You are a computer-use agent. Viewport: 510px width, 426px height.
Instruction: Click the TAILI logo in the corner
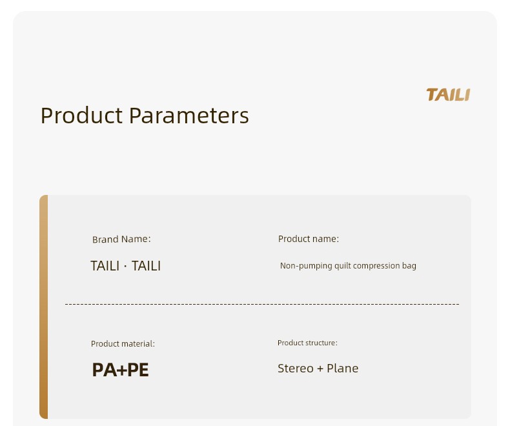448,95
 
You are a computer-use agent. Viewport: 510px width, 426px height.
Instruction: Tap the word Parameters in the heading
189,116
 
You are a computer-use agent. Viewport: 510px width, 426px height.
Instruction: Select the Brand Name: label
121,239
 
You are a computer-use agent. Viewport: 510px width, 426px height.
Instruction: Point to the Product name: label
309,239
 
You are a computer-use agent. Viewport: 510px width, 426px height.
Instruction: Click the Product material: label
123,344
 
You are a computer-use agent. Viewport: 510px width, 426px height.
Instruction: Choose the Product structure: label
307,343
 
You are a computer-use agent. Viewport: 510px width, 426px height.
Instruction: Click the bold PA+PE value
120,370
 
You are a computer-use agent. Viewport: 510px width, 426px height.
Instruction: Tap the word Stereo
296,369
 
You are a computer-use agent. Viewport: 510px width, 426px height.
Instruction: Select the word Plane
343,369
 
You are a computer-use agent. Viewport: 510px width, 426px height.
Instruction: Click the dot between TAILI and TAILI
125,267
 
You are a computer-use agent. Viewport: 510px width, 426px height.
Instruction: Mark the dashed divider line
262,304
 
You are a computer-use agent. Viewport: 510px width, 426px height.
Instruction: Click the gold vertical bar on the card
44,307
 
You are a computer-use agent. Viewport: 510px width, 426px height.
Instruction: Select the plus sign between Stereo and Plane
320,369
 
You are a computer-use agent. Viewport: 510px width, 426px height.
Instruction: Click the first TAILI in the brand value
105,266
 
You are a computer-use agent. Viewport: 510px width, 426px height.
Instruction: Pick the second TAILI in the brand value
146,266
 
